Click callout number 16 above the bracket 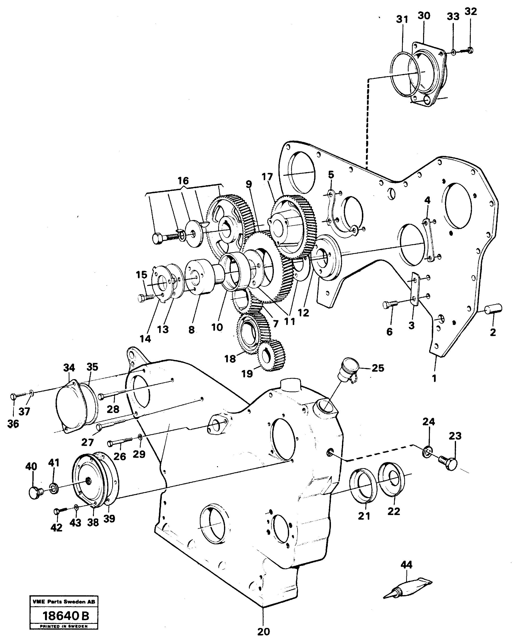pyautogui.click(x=183, y=180)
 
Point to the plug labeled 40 pyautogui.click(x=35, y=492)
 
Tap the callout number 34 pyautogui.click(x=69, y=368)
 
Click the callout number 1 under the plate pyautogui.click(x=434, y=378)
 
